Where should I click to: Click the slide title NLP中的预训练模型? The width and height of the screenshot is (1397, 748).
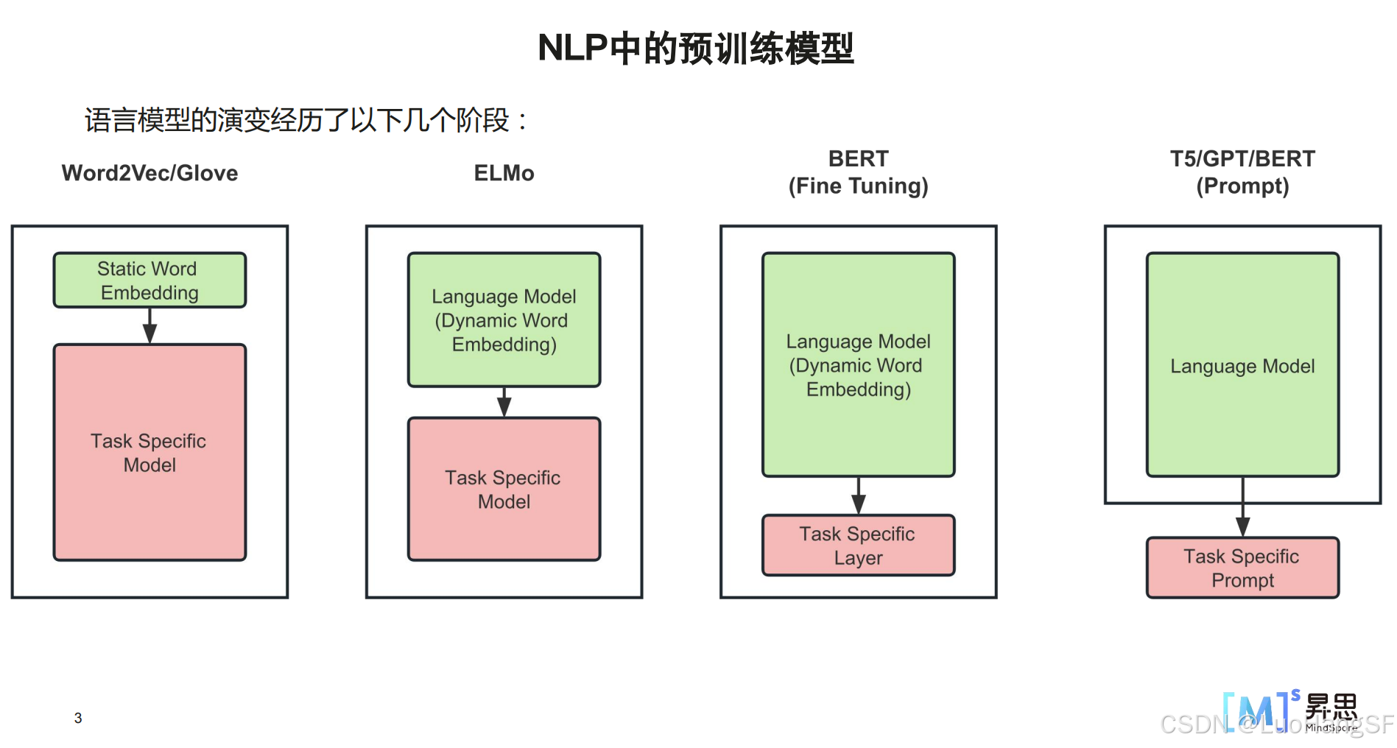click(695, 49)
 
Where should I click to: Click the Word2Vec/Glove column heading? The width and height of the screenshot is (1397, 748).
click(149, 173)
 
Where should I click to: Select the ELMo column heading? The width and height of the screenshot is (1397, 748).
click(504, 173)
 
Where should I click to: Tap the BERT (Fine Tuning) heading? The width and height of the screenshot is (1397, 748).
click(858, 172)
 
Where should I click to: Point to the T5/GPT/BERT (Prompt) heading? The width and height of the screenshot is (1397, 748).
click(1242, 172)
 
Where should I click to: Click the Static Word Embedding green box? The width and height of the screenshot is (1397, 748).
click(149, 280)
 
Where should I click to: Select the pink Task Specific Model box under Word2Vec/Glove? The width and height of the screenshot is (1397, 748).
click(149, 452)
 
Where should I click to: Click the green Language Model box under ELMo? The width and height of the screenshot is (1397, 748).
click(504, 320)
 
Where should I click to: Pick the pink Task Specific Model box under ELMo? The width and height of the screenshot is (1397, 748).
click(504, 489)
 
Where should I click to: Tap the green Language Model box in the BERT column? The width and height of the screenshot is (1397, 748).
click(858, 365)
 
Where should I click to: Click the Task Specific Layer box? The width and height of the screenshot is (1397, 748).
click(858, 546)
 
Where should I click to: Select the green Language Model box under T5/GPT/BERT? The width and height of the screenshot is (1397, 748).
click(1242, 365)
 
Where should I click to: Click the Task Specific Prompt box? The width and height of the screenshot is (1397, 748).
click(1242, 568)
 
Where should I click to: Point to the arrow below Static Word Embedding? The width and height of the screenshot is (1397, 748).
click(149, 326)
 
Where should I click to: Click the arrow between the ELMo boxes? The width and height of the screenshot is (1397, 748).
click(504, 403)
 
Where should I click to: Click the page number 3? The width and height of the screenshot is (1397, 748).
click(78, 718)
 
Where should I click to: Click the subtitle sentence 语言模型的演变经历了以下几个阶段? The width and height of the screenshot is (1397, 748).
click(306, 120)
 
